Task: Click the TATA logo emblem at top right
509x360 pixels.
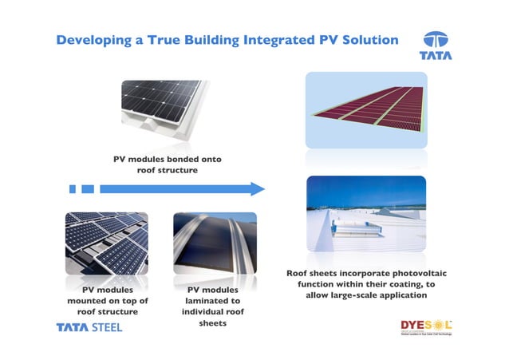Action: pos(435,40)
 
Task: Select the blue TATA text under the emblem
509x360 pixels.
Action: pos(435,57)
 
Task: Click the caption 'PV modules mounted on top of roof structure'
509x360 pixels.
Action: pos(106,300)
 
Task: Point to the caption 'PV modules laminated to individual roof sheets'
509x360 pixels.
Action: pos(213,307)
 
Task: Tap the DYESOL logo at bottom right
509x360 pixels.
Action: pos(426,326)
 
